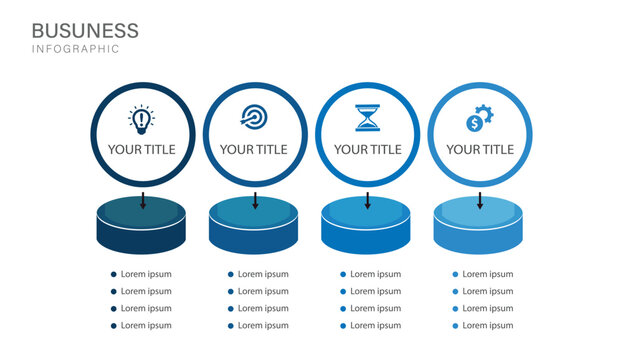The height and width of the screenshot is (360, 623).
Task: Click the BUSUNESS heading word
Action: pyautogui.click(x=85, y=30)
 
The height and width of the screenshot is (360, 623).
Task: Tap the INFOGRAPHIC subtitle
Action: pyautogui.click(x=75, y=49)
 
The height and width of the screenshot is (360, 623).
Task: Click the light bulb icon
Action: pyautogui.click(x=142, y=120)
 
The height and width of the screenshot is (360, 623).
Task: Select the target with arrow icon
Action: pyautogui.click(x=254, y=120)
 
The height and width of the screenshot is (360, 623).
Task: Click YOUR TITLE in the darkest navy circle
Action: pyautogui.click(x=142, y=150)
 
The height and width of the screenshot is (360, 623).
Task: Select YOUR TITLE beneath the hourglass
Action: pyautogui.click(x=367, y=150)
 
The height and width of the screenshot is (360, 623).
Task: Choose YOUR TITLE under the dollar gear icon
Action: pyautogui.click(x=480, y=150)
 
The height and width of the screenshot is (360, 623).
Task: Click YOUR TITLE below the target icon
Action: pyautogui.click(x=254, y=150)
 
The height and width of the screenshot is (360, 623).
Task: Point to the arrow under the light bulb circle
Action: pyautogui.click(x=142, y=199)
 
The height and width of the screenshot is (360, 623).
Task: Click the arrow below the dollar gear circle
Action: pyautogui.click(x=480, y=199)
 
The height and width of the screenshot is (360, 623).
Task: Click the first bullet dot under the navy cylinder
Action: pyautogui.click(x=114, y=274)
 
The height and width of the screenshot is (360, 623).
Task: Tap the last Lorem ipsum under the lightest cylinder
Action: pyautogui.click(x=488, y=325)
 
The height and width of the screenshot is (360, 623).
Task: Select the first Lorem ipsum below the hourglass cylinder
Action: pyautogui.click(x=376, y=274)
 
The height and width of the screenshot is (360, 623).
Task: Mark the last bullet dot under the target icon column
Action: pyautogui.click(x=230, y=325)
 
